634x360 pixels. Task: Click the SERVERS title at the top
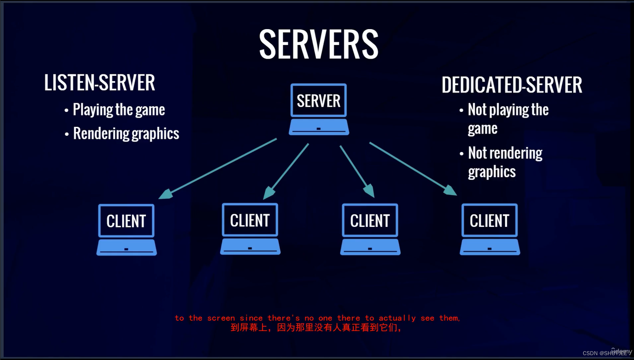pos(319,44)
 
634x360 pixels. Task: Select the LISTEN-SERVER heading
pos(100,83)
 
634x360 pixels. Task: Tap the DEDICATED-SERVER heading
pos(512,85)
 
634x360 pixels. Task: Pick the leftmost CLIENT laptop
pos(126,229)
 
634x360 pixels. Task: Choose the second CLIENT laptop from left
pos(250,229)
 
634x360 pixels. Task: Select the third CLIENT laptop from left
pos(370,229)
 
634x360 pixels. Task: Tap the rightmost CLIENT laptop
pos(489,229)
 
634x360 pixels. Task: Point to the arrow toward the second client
pos(286,171)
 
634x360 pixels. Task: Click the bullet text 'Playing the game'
pos(119,110)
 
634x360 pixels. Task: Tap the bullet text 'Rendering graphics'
pos(126,134)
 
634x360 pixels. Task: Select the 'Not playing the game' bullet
pos(508,119)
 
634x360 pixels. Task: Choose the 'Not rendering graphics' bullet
pos(505,162)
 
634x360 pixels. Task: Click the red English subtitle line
pos(317,318)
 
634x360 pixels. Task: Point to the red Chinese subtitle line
pos(316,328)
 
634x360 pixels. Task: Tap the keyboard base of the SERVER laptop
pos(319,127)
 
